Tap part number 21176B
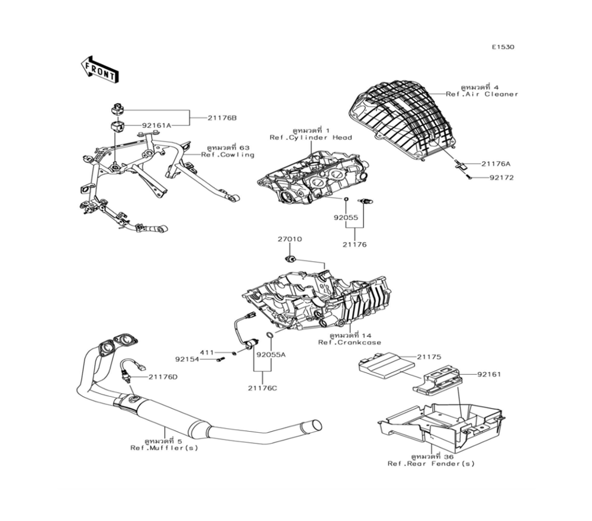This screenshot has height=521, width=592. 221,118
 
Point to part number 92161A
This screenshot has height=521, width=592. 156,126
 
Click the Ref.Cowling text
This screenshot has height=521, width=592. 227,155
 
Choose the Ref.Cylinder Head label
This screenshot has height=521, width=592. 311,137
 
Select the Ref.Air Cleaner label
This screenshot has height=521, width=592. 482,94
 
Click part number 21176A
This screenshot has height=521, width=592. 496,163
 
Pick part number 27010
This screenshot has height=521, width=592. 290,240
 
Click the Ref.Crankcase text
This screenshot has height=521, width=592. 350,343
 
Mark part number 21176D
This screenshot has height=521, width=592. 163,377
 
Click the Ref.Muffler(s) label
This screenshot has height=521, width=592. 165,448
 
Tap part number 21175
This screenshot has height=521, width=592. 430,357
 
